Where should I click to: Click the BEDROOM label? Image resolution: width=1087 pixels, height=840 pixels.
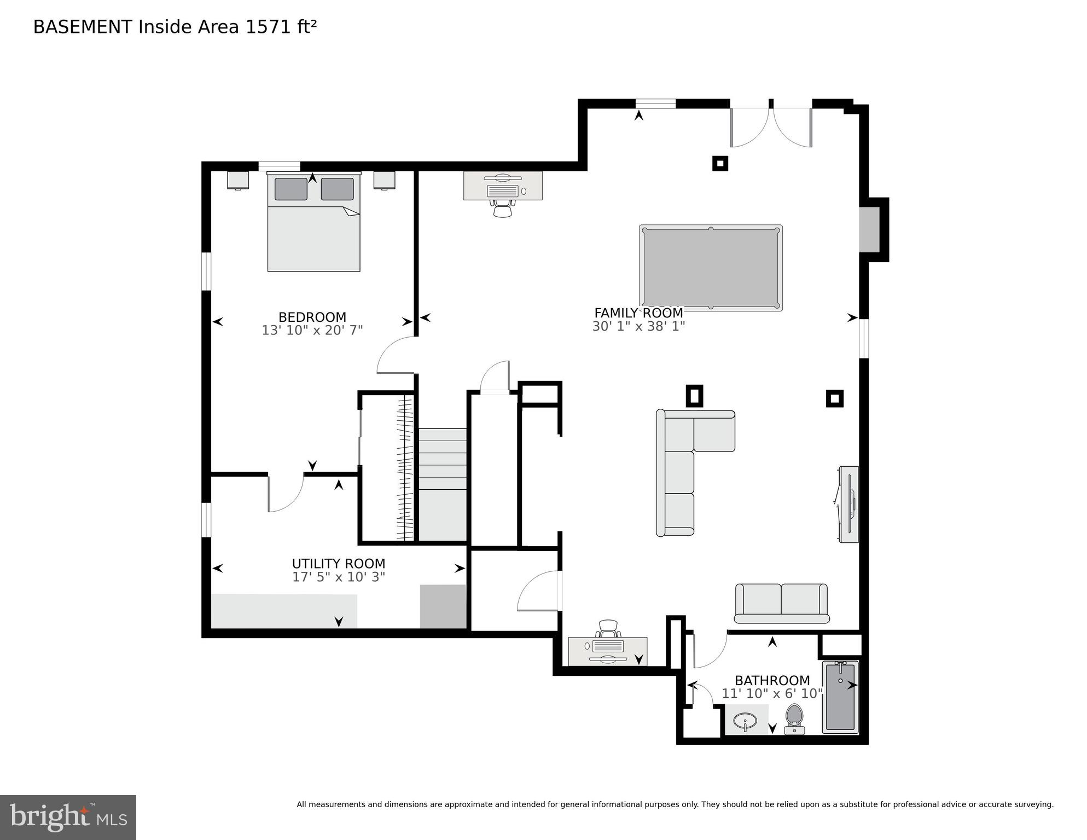pos(312,317)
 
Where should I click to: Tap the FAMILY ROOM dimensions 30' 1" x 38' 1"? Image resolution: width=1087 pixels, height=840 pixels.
pos(638,326)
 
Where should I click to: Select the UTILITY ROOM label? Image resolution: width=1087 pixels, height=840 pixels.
pos(338,563)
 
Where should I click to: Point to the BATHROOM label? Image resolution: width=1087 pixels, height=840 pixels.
pos(772,680)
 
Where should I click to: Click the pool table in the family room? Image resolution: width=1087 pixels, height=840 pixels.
pos(711,268)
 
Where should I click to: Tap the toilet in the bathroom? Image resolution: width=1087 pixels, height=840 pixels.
pos(794,719)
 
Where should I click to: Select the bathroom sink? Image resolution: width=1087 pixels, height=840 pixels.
pos(745,721)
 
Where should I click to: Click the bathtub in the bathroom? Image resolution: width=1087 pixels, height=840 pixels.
pos(840,697)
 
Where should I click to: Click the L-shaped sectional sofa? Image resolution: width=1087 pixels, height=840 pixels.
pos(678,465)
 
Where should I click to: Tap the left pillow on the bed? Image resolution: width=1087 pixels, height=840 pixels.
pos(290,189)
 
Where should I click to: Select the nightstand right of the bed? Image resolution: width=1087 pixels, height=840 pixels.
pos(384,180)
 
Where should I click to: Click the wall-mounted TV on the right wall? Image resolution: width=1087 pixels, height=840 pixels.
pos(848,504)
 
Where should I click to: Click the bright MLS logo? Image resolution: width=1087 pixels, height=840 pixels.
pos(68,817)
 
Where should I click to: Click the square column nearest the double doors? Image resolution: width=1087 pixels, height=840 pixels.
pos(720,163)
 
